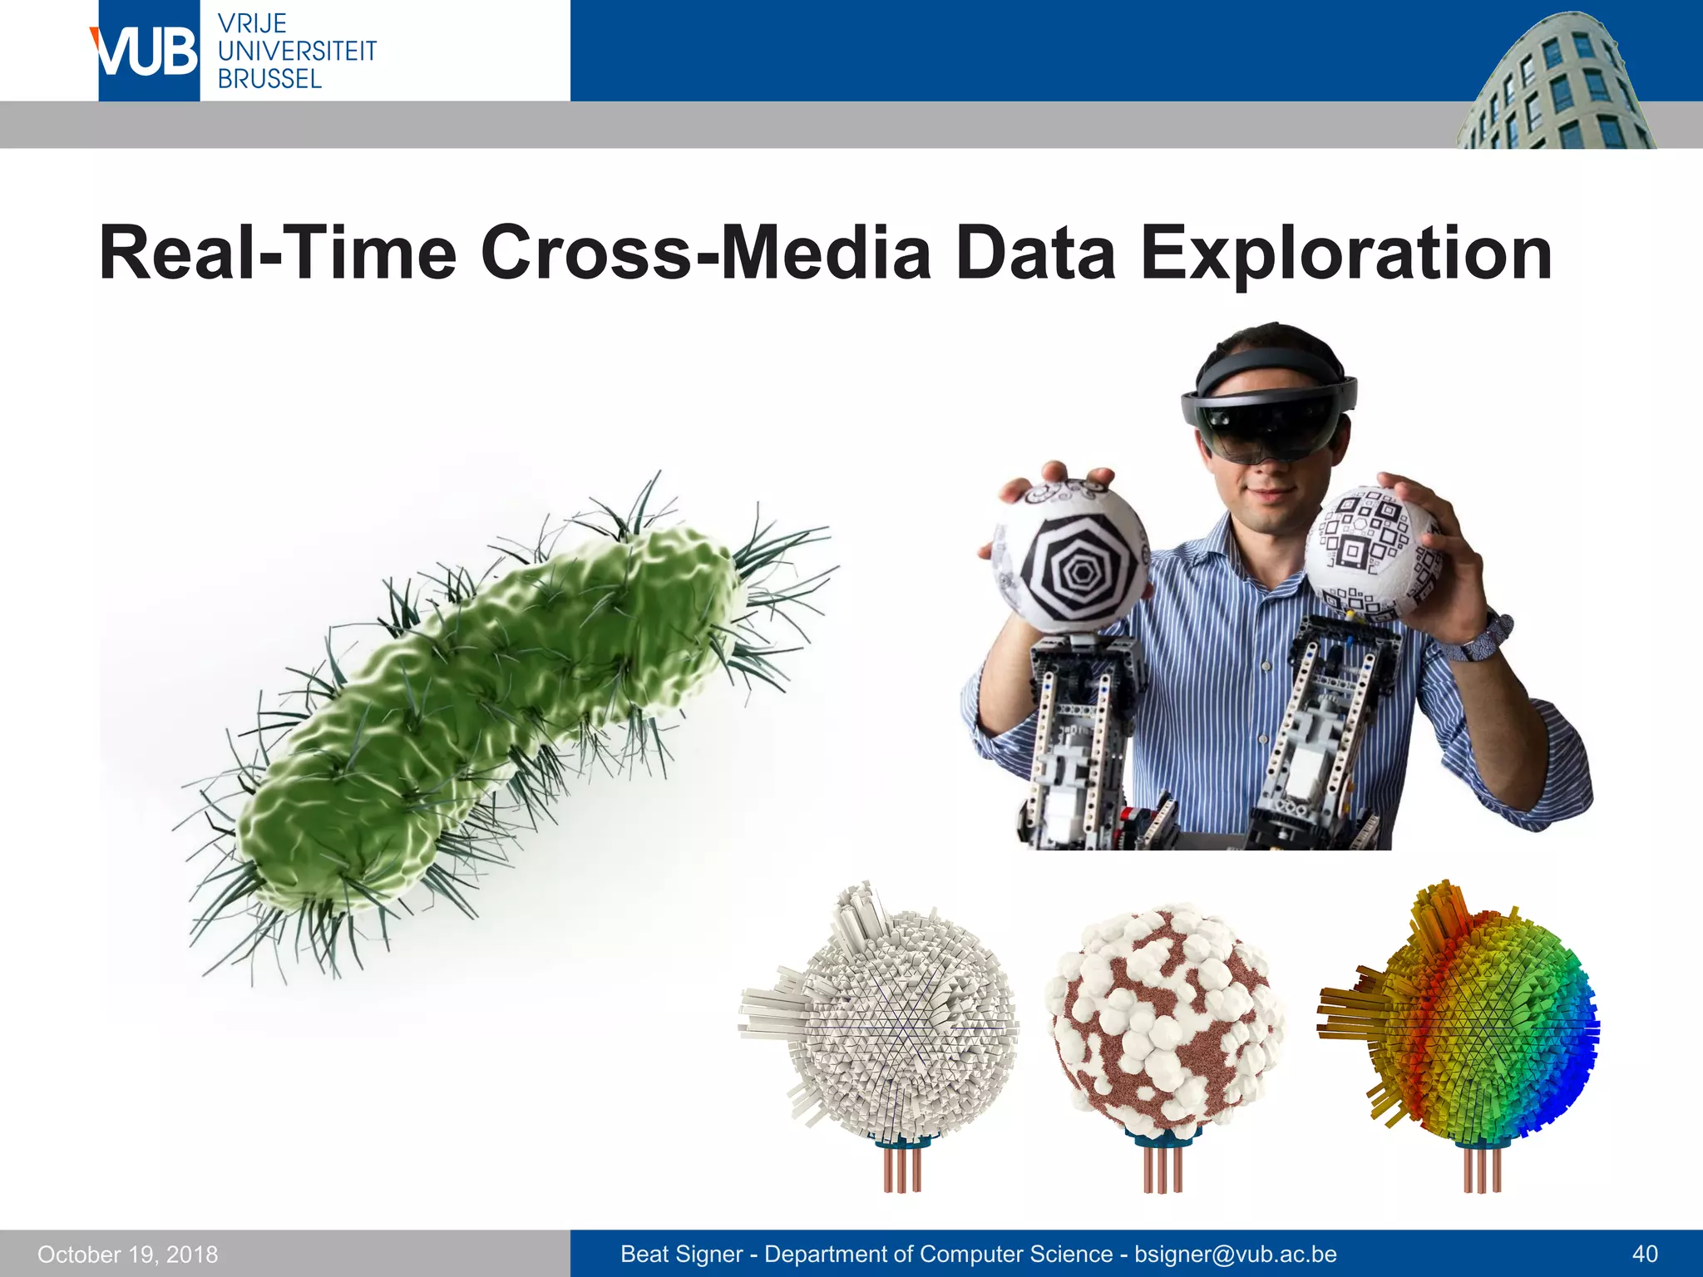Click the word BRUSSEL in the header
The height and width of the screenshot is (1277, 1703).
269,80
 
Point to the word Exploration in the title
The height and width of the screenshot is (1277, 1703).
1345,254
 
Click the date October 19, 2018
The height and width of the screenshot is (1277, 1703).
127,1255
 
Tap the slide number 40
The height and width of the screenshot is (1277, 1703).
1645,1254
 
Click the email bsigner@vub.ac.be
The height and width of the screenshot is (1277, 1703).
1236,1254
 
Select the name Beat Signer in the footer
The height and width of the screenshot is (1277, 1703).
682,1254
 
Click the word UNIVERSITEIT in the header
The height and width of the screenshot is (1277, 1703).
297,52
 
